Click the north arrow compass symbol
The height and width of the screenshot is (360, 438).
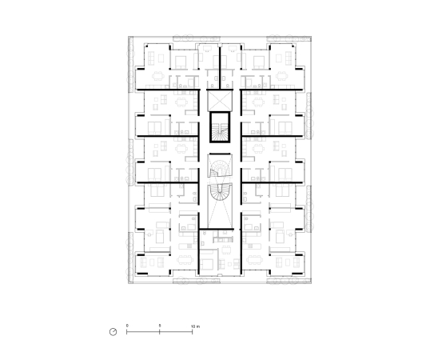[x=114, y=330]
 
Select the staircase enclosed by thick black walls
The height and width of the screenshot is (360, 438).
[x=218, y=129]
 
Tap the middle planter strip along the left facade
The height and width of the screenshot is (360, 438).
[x=130, y=159]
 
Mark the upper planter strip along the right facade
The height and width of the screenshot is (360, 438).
[x=307, y=107]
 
